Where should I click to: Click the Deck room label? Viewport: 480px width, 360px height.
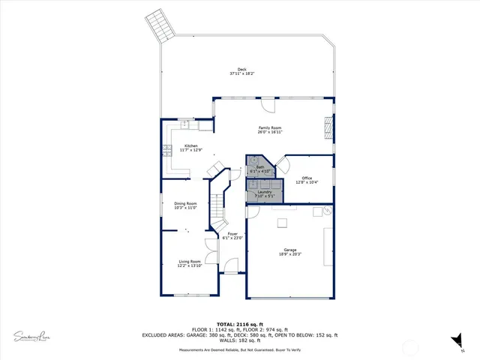point(241,70)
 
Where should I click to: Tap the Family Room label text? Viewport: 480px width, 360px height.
point(270,128)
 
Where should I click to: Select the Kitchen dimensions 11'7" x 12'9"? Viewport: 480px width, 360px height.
point(190,150)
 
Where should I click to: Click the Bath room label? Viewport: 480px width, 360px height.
point(260,168)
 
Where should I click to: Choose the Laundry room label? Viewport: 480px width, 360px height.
point(264,192)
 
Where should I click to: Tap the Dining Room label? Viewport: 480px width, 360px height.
point(185,204)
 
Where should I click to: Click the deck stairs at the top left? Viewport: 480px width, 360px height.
point(159,25)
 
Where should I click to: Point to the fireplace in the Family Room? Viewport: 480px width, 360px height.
point(328,127)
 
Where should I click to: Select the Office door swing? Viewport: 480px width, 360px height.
point(283,161)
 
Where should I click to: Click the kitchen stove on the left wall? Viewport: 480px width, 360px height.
point(166,149)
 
